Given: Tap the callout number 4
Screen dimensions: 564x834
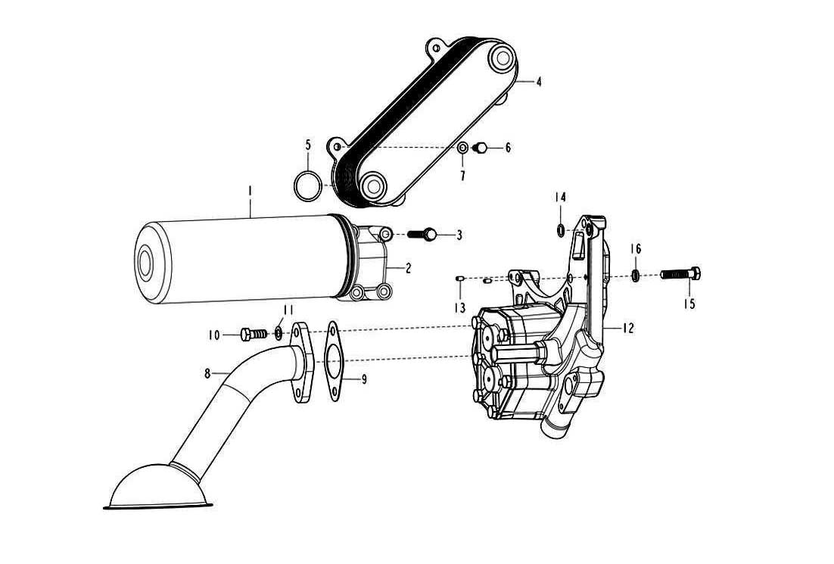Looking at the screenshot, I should coord(538,82).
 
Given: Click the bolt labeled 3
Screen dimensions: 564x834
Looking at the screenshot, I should coord(422,235).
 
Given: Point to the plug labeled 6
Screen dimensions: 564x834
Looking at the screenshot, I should coord(479,148).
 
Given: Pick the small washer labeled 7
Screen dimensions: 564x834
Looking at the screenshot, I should coord(462,148).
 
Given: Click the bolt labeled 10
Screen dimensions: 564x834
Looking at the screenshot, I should coord(251,333).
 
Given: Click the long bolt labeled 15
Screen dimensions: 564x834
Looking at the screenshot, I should coord(680,273).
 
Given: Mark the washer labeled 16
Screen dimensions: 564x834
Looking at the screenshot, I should coord(636,274).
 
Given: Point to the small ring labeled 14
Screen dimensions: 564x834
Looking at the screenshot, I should coord(560,230).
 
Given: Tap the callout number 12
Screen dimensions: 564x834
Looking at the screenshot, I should coord(627,329).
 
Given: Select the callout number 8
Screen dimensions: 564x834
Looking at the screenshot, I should coord(207,372).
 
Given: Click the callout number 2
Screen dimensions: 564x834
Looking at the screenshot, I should coord(408,268).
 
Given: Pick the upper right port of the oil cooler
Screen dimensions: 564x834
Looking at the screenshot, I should coord(500,58).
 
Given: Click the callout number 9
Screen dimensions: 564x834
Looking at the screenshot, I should coord(364,379).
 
